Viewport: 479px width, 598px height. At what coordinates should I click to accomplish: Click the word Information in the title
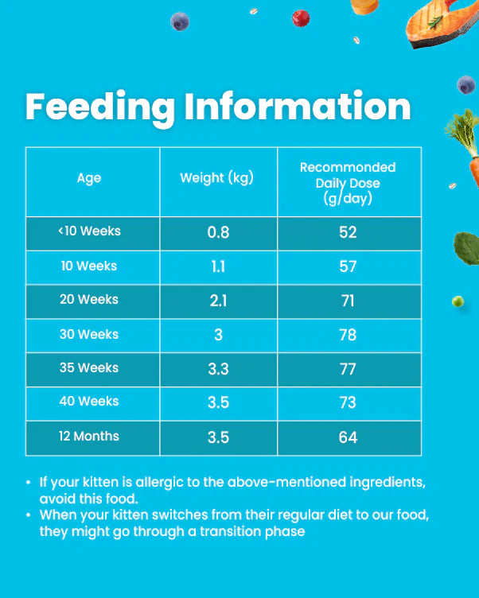(x=298, y=107)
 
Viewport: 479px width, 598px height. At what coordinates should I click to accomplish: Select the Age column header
(x=89, y=178)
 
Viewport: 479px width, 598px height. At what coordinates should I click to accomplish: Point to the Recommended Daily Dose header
(x=348, y=183)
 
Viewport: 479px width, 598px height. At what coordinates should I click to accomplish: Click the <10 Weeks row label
(x=89, y=231)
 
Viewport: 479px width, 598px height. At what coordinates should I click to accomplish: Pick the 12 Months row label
(x=89, y=437)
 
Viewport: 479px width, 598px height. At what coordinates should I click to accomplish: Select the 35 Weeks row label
(x=89, y=368)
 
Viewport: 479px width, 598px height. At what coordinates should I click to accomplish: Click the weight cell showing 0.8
(x=218, y=232)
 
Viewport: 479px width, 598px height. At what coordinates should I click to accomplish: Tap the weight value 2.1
(x=218, y=301)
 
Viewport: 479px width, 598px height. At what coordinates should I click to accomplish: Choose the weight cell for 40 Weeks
(x=218, y=402)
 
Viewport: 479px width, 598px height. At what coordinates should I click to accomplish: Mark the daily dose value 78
(x=348, y=335)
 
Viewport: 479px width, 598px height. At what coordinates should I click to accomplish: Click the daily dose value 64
(x=348, y=437)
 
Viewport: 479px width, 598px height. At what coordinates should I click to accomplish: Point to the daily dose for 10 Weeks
(x=348, y=266)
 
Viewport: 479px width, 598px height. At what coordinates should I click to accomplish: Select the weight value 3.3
(x=218, y=369)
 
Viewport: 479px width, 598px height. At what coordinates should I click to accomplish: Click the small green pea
(x=458, y=301)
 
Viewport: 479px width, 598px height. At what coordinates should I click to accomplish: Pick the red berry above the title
(x=301, y=17)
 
